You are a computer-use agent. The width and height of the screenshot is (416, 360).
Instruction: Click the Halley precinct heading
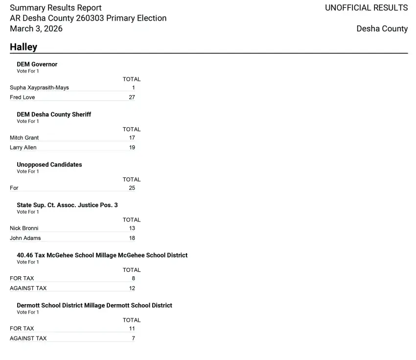23,47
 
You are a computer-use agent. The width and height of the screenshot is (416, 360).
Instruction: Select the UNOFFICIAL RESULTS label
366,8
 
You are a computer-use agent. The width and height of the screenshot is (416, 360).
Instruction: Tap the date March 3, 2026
36,28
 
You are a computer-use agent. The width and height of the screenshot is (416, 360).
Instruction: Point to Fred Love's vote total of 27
132,97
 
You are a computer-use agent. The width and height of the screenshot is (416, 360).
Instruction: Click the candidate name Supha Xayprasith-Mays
39,88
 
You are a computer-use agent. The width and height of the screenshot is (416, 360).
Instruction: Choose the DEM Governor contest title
37,64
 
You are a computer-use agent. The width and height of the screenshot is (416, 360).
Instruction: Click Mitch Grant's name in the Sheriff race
24,138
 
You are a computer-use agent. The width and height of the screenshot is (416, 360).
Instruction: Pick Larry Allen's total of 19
132,147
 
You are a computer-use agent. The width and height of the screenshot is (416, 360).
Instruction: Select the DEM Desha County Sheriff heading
54,115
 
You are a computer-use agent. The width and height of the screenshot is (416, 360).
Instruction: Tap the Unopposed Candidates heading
49,165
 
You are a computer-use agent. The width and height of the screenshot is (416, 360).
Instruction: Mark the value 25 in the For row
132,188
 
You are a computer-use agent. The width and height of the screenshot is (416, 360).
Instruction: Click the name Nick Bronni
24,228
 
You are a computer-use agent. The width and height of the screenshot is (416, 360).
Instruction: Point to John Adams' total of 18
132,238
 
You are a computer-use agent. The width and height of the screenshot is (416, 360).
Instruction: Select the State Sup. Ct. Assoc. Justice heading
67,205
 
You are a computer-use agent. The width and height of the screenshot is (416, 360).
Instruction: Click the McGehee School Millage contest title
102,255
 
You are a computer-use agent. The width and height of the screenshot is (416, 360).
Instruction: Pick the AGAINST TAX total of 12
132,288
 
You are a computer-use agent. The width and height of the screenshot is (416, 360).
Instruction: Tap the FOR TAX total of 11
132,329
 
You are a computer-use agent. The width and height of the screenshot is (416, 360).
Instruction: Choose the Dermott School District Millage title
94,306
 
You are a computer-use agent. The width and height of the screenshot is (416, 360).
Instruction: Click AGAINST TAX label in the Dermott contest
28,338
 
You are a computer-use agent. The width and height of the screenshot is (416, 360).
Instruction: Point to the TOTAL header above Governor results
131,79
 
